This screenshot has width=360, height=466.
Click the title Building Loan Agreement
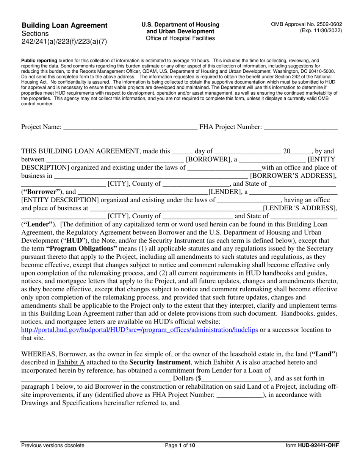click(64, 25)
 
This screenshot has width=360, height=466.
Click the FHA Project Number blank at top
click(300, 128)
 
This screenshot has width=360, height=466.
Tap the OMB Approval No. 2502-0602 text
click(306, 24)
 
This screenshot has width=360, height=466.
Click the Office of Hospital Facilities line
click(180, 38)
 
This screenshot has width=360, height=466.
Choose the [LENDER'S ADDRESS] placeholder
click(300, 208)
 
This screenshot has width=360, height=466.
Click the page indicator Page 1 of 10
click(180, 446)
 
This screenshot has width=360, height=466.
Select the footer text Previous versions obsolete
click(53, 446)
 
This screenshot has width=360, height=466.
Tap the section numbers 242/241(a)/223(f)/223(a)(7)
click(64, 42)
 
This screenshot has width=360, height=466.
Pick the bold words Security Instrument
click(160, 362)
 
